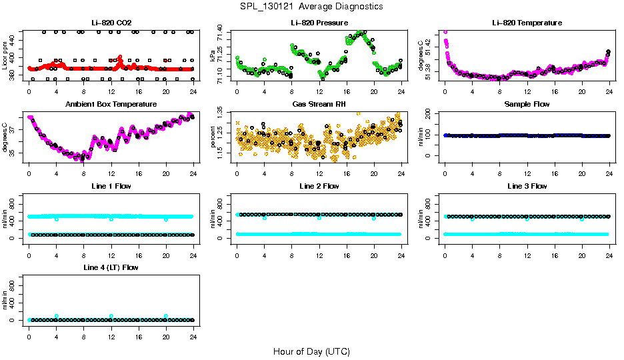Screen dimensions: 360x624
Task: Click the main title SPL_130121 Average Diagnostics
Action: click(312, 6)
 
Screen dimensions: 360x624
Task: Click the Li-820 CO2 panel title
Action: click(111, 23)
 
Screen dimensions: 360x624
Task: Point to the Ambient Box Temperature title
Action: click(111, 104)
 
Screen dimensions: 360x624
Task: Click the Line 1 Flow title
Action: click(111, 185)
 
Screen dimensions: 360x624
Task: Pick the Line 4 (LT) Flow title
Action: click(111, 267)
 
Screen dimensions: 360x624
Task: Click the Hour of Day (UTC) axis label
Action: click(311, 351)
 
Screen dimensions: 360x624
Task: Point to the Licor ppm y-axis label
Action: click(5, 55)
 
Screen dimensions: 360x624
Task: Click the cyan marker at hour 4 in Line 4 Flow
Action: click(57, 316)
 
